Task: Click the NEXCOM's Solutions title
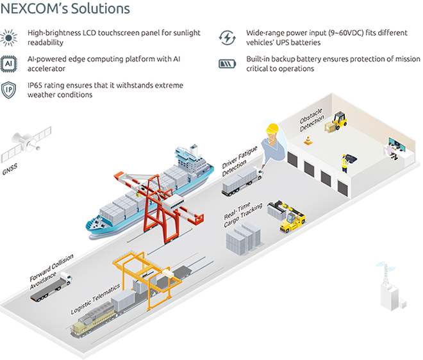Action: coord(67,9)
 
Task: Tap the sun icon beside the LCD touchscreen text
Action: coord(10,37)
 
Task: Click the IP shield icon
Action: coord(10,90)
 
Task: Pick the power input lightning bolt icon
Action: coord(227,37)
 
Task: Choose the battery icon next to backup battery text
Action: coord(227,64)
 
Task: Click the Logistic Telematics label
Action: coord(95,301)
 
